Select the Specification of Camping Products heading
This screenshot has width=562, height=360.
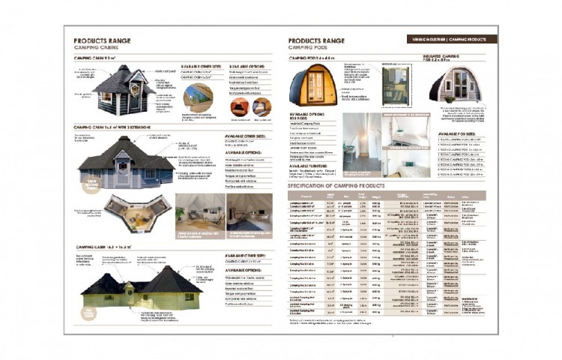click(336, 184)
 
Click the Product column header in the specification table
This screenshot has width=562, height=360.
click(303, 196)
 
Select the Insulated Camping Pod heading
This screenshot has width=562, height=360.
click(459, 58)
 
